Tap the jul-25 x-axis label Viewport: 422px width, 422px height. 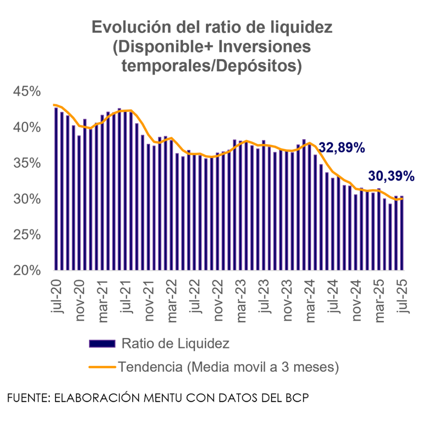pyautogui.click(x=403, y=297)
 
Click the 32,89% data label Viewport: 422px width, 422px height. pyautogui.click(x=342, y=148)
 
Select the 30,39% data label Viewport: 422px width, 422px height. pyautogui.click(x=391, y=176)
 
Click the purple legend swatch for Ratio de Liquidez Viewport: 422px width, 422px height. pyautogui.click(x=102, y=344)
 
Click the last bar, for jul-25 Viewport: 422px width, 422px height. pyautogui.click(x=401, y=233)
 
